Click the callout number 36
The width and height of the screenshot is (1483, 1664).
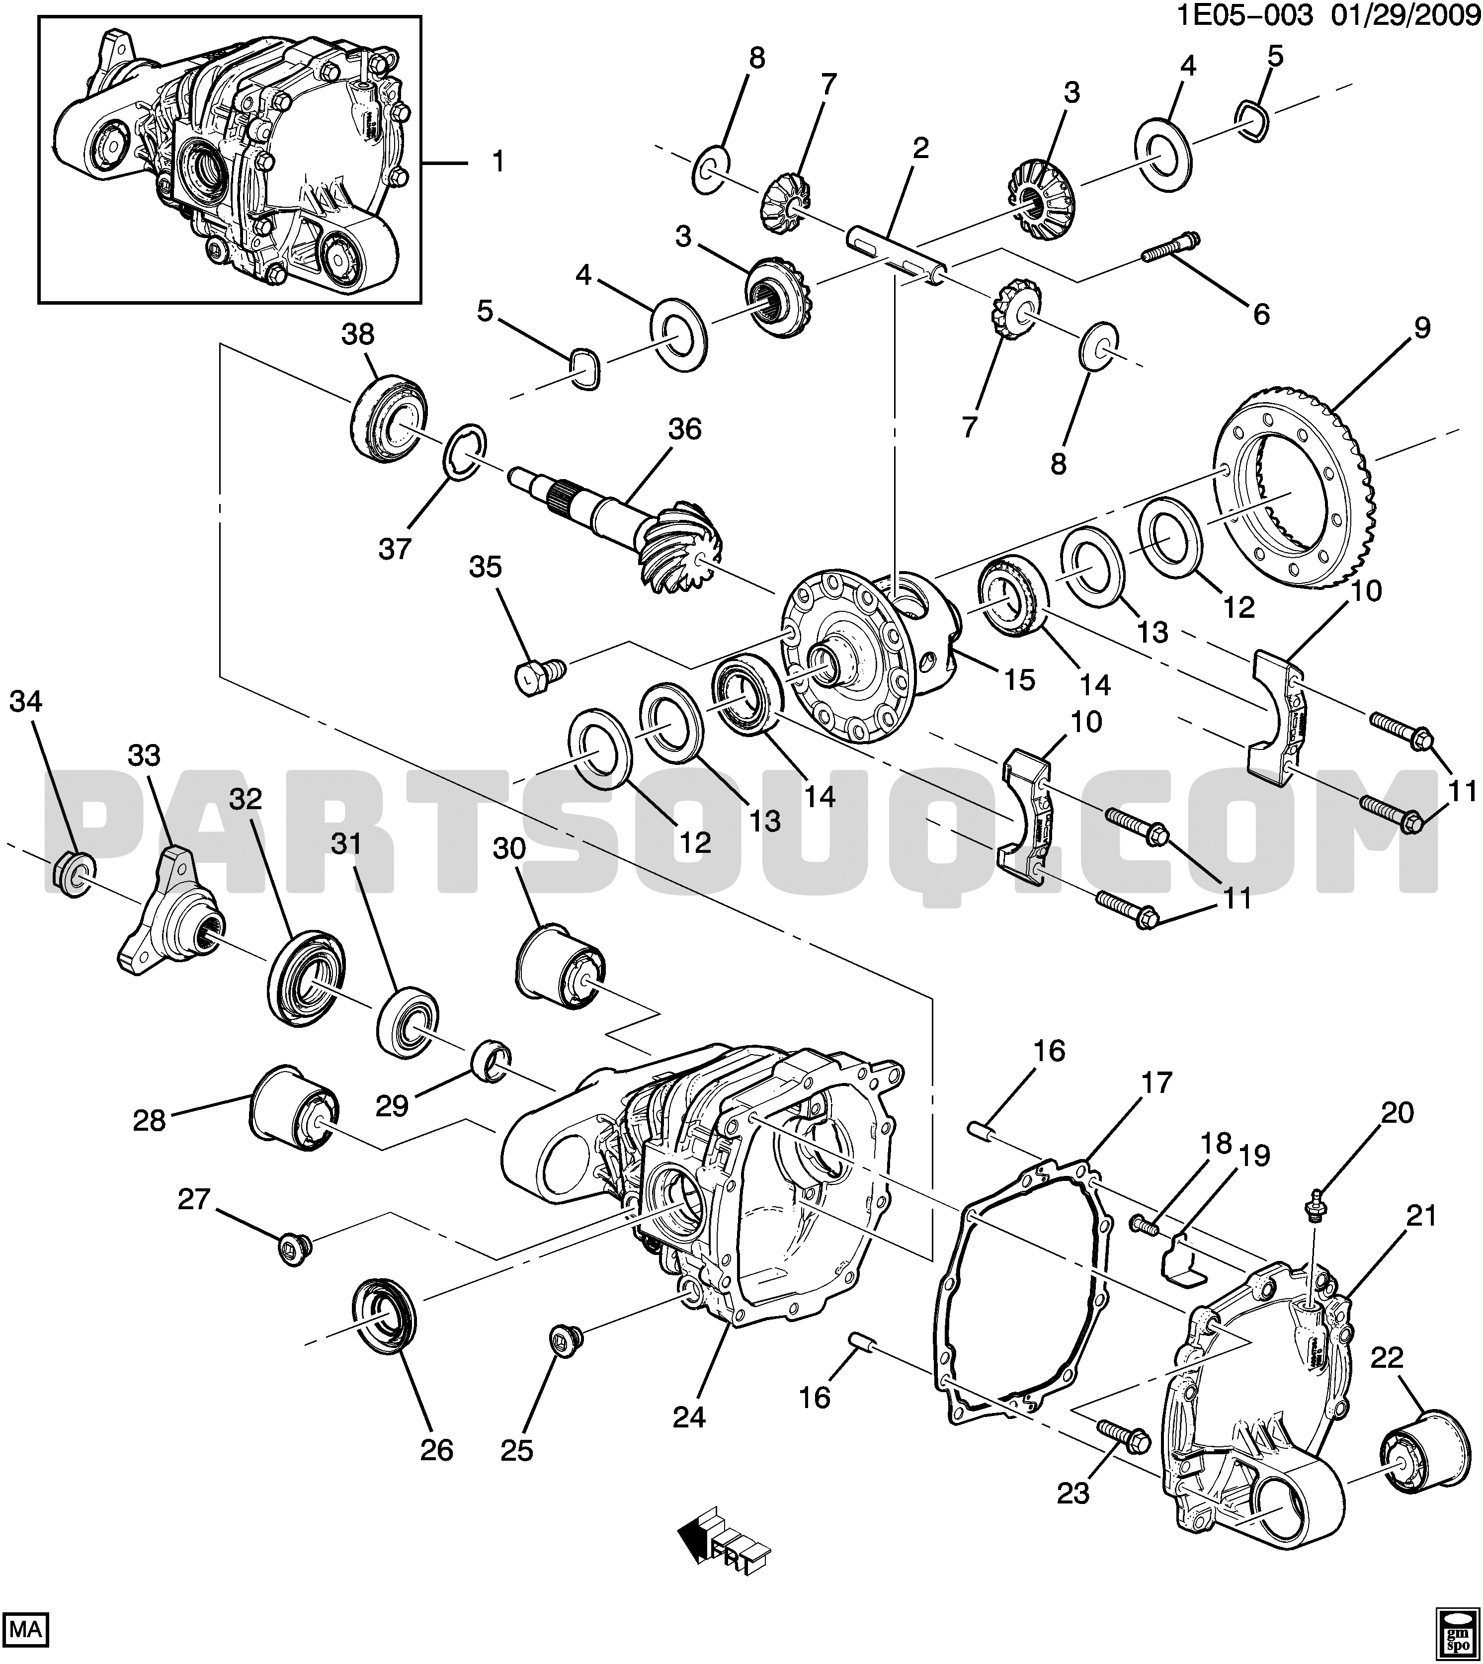pos(684,429)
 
